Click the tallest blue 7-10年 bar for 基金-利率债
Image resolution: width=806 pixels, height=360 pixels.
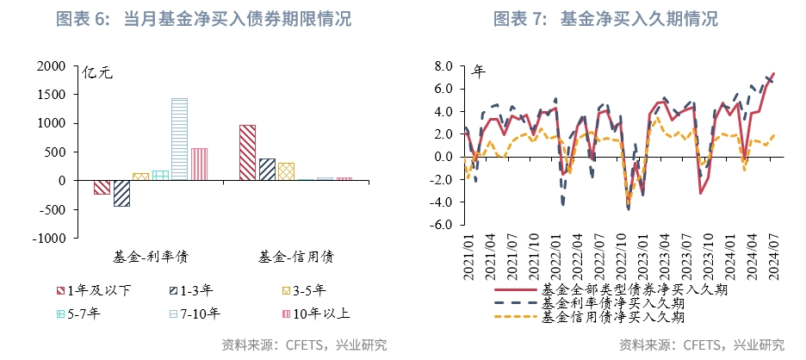tap(179, 139)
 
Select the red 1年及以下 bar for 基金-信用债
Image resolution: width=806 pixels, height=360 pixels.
tap(247, 152)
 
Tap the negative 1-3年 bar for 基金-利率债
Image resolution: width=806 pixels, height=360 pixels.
tap(121, 193)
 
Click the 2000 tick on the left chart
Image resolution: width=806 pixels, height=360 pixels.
tap(53, 66)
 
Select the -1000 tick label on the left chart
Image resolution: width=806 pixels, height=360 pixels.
tap(49, 238)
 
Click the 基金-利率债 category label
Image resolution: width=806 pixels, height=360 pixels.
tap(151, 257)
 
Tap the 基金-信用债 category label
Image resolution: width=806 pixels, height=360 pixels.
tap(296, 257)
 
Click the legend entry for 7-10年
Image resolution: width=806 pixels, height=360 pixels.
tap(195, 313)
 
